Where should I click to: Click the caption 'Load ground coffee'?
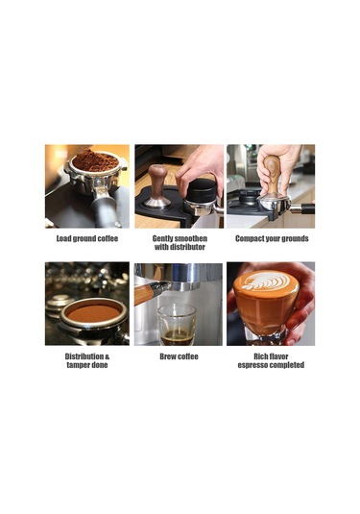click(x=87, y=238)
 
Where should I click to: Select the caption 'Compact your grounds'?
click(x=272, y=238)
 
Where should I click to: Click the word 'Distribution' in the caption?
click(x=84, y=356)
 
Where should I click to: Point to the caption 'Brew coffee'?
click(x=179, y=356)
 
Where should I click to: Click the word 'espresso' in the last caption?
click(x=253, y=365)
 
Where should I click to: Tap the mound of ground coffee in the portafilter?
click(x=95, y=160)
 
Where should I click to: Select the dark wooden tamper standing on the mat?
click(x=157, y=186)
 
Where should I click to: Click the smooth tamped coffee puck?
click(x=94, y=313)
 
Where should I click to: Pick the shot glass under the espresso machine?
click(x=177, y=325)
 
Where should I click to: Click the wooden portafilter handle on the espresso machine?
click(x=143, y=294)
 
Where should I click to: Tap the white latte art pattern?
click(x=266, y=281)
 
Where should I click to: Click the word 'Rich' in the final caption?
click(x=261, y=356)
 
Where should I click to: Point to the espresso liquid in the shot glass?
click(x=176, y=337)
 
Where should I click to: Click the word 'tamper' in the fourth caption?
click(x=78, y=365)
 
